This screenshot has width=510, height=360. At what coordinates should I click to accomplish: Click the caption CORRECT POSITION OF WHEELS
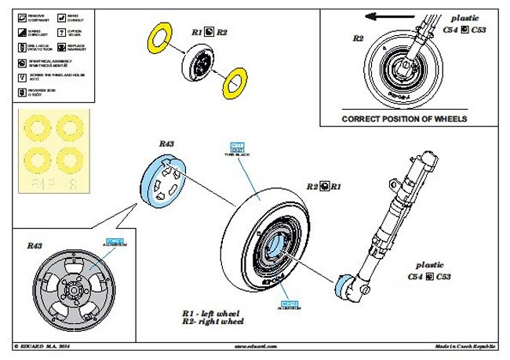(404, 119)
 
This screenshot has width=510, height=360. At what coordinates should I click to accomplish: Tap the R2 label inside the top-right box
(358, 38)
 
